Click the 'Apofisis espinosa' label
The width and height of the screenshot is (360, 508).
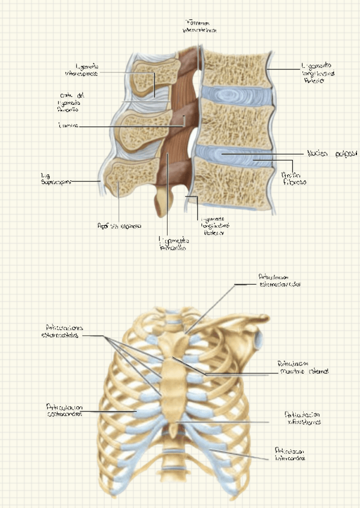[119, 226]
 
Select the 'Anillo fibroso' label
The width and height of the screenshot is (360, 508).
[294, 176]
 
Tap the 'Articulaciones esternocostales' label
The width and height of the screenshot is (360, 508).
[66, 331]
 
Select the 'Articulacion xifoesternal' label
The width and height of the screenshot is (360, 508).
[303, 418]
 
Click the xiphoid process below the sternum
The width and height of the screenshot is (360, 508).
[174, 430]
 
